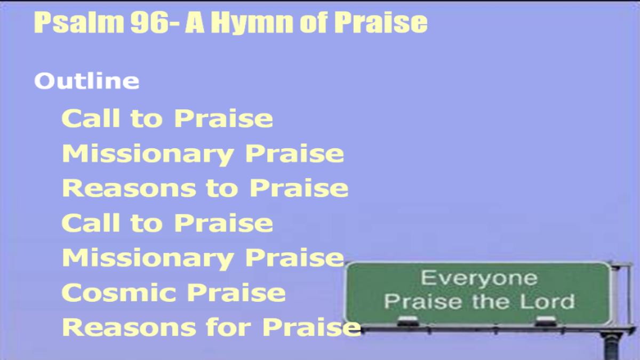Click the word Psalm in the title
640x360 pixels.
[79, 23]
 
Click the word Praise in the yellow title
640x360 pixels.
[381, 22]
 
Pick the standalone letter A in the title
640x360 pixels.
[195, 22]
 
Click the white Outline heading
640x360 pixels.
[87, 81]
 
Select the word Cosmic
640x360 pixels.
[119, 293]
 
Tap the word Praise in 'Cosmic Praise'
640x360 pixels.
[237, 293]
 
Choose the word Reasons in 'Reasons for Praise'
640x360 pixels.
[129, 327]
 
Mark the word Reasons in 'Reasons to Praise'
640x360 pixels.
[129, 188]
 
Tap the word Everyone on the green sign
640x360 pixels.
[479, 278]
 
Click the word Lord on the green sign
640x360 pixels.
[547, 302]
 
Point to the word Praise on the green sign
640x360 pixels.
[423, 302]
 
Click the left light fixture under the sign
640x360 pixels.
[408, 321]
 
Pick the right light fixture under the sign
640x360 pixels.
[546, 321]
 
